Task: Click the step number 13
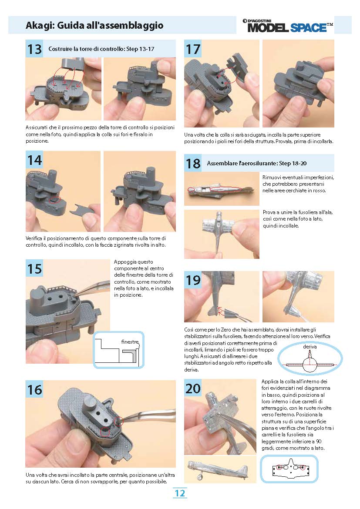pos(34,49)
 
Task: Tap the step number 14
pos(34,160)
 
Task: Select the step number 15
pos(34,268)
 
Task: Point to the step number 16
pos(34,389)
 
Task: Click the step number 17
pos(193,49)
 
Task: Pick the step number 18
pos(193,163)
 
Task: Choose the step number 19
pos(193,280)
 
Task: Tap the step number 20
pos(193,388)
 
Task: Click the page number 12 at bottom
pos(180,493)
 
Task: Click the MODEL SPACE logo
pos(288,25)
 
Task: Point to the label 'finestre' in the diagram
pos(130,342)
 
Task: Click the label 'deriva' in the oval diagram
pos(310,347)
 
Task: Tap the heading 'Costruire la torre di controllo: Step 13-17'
pos(101,49)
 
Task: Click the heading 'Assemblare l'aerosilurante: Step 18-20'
pos(257,163)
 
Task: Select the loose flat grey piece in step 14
pos(83,210)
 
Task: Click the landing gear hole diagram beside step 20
pos(290,469)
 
